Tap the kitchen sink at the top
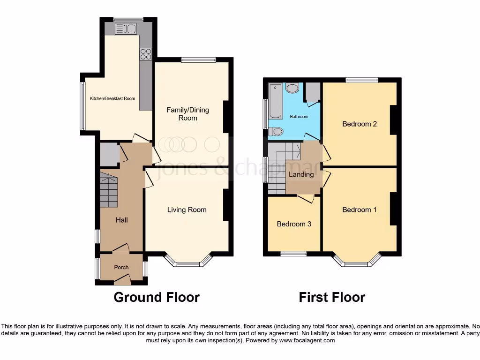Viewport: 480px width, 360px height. pos(125,29)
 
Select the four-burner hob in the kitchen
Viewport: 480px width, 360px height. pos(145,54)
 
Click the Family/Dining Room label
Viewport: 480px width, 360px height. pos(188,114)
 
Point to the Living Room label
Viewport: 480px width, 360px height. pos(187,210)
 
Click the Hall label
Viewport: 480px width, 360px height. pos(121,220)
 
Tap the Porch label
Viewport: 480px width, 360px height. pos(121,267)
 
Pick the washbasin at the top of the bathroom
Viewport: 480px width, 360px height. pos(292,88)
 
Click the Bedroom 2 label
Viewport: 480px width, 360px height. pos(360,124)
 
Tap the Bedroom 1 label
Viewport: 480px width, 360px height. pos(360,210)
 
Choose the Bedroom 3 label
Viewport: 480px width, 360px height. pos(294,224)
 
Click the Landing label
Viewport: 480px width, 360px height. pos(301,174)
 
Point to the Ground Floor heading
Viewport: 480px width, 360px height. pos(157,297)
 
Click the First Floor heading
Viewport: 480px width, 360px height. pos(332,297)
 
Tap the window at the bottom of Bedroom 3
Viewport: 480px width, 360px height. pos(294,254)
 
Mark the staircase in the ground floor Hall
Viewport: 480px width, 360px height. pos(108,190)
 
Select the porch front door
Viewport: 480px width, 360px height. pos(121,280)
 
